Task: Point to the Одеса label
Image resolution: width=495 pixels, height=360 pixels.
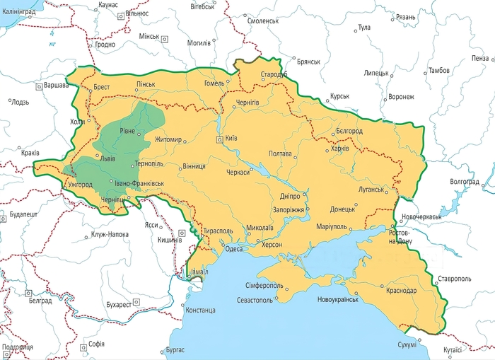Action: pyautogui.click(x=234, y=248)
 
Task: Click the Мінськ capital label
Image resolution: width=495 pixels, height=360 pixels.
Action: pyautogui.click(x=148, y=36)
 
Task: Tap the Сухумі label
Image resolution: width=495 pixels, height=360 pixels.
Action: pyautogui.click(x=407, y=344)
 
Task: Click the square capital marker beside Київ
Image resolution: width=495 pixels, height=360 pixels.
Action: pyautogui.click(x=220, y=139)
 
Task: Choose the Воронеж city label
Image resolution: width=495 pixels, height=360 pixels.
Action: pyautogui.click(x=401, y=97)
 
